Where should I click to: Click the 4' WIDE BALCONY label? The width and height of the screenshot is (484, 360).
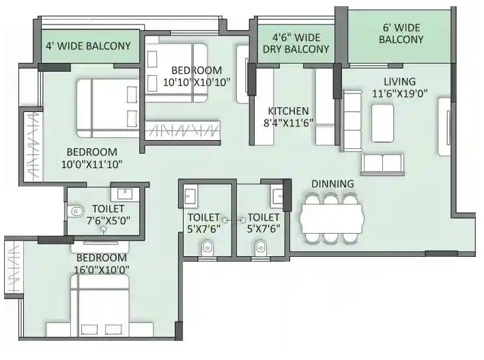[x=88, y=46]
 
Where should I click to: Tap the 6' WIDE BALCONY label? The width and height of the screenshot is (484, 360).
[x=401, y=33]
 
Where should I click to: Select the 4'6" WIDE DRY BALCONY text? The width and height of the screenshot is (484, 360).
[x=296, y=43]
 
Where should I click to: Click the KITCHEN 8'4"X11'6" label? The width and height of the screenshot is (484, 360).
[x=288, y=117]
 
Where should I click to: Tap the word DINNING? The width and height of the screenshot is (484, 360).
[x=332, y=184]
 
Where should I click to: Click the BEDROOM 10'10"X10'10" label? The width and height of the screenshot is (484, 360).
[x=196, y=76]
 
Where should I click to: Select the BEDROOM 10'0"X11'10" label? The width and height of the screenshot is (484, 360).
[x=91, y=158]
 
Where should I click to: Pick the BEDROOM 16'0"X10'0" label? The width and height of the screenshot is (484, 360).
[x=101, y=263]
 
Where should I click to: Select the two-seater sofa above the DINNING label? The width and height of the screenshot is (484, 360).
[x=382, y=163]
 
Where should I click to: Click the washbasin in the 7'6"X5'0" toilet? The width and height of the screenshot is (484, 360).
[x=124, y=193]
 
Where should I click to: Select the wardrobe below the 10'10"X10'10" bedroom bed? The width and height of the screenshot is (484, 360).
[x=182, y=129]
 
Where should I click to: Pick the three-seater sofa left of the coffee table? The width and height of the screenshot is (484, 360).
[x=352, y=120]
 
